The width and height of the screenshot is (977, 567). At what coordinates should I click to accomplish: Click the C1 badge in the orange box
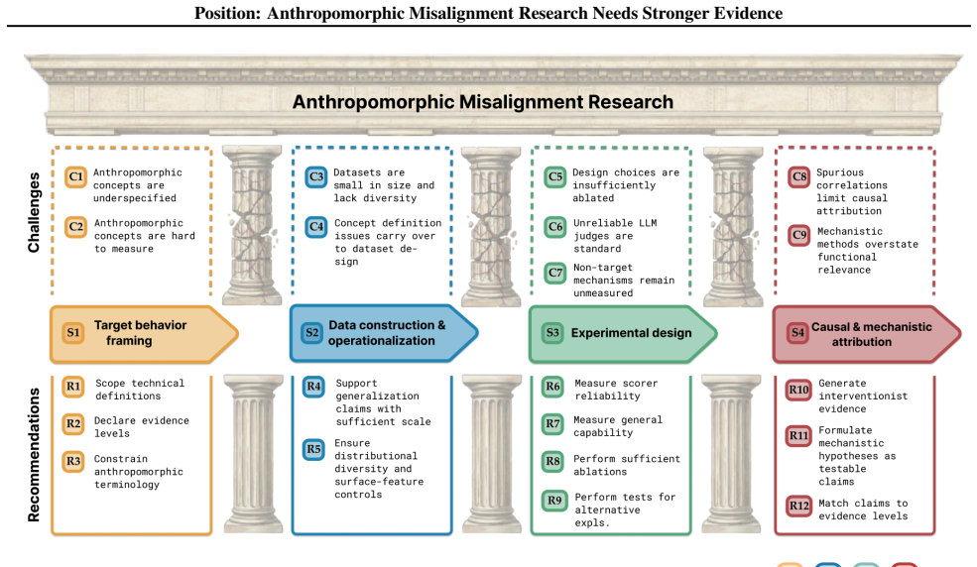76,176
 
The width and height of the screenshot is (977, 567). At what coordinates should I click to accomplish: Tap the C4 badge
316,227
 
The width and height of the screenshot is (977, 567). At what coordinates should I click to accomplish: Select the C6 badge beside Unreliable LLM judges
555,227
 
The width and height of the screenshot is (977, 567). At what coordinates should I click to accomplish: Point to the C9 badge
799,235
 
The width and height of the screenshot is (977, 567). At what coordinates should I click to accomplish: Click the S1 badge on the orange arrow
73,332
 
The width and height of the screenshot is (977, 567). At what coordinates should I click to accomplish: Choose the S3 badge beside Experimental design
552,332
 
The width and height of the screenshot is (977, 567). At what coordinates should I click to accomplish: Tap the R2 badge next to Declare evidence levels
73,424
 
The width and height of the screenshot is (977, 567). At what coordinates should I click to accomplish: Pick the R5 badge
313,449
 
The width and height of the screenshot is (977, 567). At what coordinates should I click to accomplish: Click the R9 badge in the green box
553,501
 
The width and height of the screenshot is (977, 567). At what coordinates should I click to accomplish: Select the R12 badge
798,506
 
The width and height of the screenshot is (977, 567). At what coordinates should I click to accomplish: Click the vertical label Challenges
34,212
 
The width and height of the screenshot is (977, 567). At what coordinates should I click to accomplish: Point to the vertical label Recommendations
34,455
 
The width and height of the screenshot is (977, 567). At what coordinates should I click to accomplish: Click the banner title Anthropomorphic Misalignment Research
483,102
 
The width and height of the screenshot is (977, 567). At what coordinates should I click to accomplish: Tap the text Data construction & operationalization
386,333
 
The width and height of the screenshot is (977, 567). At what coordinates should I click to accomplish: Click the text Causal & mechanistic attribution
871,334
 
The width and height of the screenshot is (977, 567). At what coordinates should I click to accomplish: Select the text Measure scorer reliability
616,390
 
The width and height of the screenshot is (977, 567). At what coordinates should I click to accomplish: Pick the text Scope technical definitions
140,390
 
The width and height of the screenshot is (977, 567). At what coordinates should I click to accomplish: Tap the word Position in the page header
225,13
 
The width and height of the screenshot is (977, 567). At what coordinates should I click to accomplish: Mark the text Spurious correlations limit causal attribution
852,191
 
